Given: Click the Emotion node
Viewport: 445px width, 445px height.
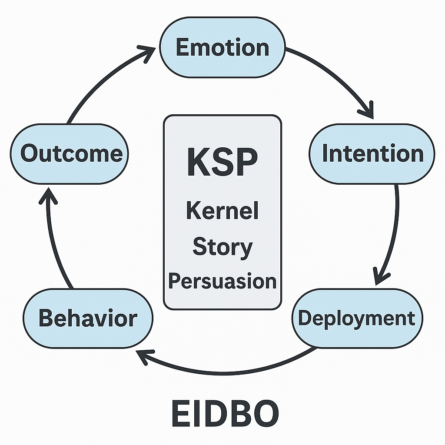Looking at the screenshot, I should [222, 47].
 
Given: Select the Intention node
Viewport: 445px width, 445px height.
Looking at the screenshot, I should [372, 153].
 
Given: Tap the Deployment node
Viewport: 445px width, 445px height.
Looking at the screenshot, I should [356, 318].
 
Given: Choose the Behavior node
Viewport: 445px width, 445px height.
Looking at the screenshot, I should [88, 318].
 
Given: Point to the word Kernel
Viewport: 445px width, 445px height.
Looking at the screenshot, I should [222, 211].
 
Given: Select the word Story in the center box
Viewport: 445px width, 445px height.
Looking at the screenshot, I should [222, 247].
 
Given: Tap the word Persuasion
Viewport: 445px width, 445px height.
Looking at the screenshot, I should [222, 281].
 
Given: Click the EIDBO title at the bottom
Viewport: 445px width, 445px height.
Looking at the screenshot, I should [225, 414].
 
